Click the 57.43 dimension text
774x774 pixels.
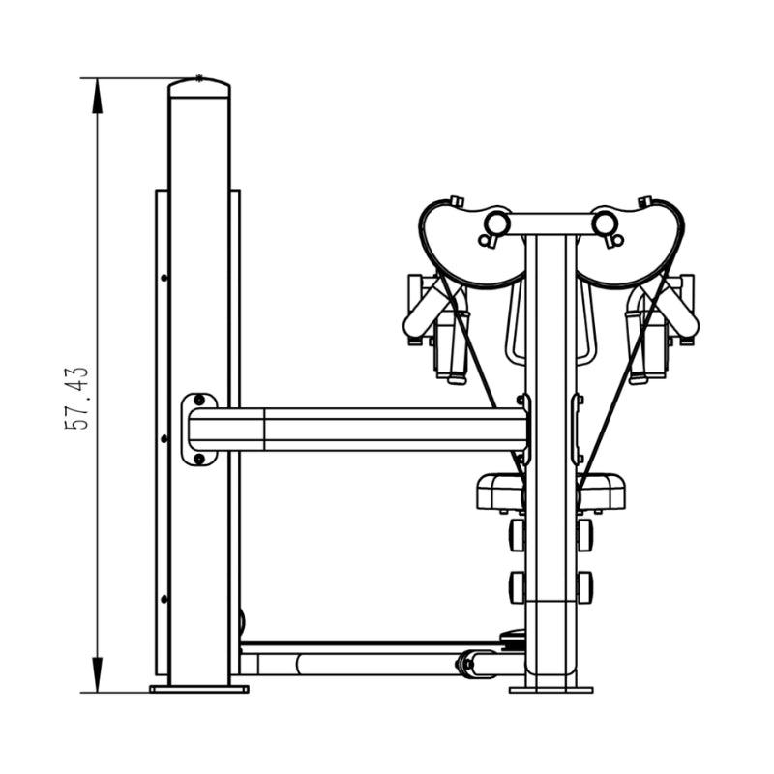point(77,399)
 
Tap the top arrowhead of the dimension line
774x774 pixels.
point(98,96)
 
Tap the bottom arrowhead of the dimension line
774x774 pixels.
point(98,674)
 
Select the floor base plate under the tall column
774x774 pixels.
point(199,689)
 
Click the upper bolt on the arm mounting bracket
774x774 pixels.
point(199,400)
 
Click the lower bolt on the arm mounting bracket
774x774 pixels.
point(199,459)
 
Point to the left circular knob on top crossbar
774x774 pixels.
point(497,223)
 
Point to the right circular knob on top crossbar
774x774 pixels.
point(605,223)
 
